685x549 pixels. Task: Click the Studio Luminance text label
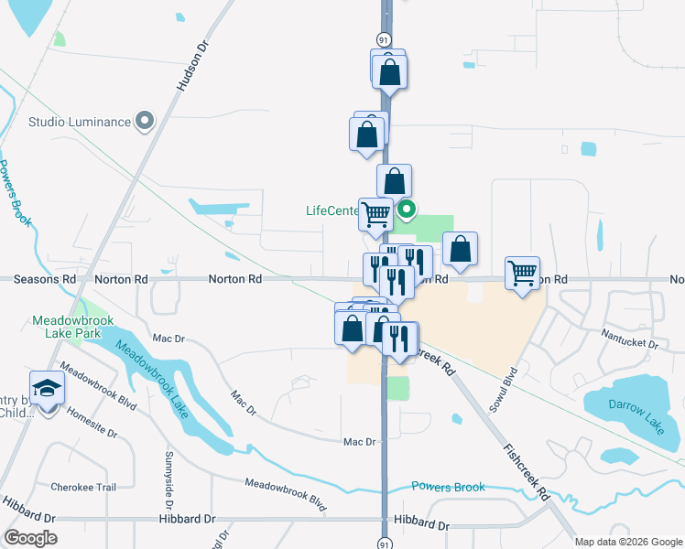click(x=79, y=121)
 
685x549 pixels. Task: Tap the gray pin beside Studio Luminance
click(x=145, y=120)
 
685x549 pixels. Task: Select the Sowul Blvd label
click(x=504, y=390)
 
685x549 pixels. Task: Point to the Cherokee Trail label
click(x=83, y=487)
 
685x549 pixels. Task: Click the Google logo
click(x=30, y=538)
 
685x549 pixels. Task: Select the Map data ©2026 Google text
click(x=627, y=542)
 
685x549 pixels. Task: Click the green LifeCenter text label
click(x=331, y=210)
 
